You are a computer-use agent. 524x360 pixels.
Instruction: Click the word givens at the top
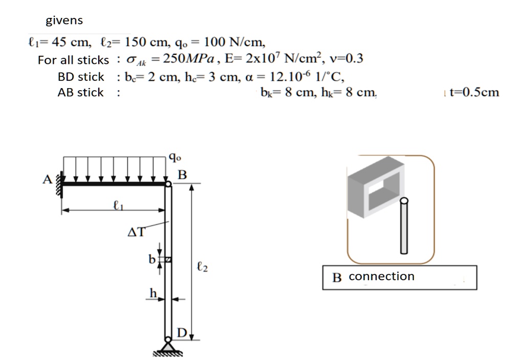[64, 21]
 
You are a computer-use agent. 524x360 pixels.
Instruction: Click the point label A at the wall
[47, 180]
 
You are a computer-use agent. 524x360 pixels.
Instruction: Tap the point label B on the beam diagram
[182, 175]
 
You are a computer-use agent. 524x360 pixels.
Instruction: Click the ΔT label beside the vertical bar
[136, 233]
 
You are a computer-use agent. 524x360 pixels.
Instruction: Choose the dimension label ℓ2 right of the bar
[202, 267]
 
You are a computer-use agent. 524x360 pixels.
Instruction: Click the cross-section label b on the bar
[151, 259]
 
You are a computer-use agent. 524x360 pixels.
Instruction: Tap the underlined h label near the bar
[152, 292]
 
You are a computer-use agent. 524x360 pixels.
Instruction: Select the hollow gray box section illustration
[375, 189]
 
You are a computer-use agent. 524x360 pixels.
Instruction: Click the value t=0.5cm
[473, 93]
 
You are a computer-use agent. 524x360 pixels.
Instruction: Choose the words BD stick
[81, 77]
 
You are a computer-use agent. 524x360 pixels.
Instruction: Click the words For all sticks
[73, 60]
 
